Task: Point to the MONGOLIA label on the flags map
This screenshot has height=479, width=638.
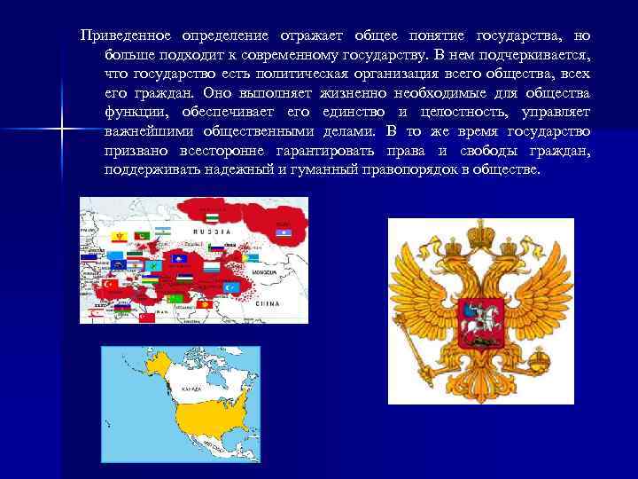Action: [265, 272]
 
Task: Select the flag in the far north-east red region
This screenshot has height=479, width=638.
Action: [284, 232]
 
